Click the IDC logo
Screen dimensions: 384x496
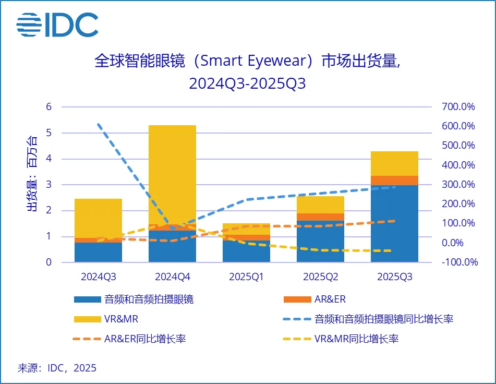[x=57, y=25]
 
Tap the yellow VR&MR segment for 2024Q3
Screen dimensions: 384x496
[x=98, y=218]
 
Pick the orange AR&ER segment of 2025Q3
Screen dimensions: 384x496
[x=394, y=181]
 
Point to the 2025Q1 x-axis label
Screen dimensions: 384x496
[x=246, y=277]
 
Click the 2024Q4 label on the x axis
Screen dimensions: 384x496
[x=172, y=277]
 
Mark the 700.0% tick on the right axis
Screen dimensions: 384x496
[x=457, y=107]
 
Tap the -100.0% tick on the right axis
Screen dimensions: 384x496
[x=459, y=262]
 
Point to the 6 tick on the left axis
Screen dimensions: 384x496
[x=49, y=107]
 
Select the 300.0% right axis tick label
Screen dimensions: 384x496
[x=457, y=185]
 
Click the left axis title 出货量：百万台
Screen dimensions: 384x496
[x=32, y=174]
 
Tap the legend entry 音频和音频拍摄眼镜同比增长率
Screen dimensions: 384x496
[x=368, y=319]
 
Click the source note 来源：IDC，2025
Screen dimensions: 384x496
[x=57, y=368]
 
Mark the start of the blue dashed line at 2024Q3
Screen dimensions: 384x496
[x=99, y=124]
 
